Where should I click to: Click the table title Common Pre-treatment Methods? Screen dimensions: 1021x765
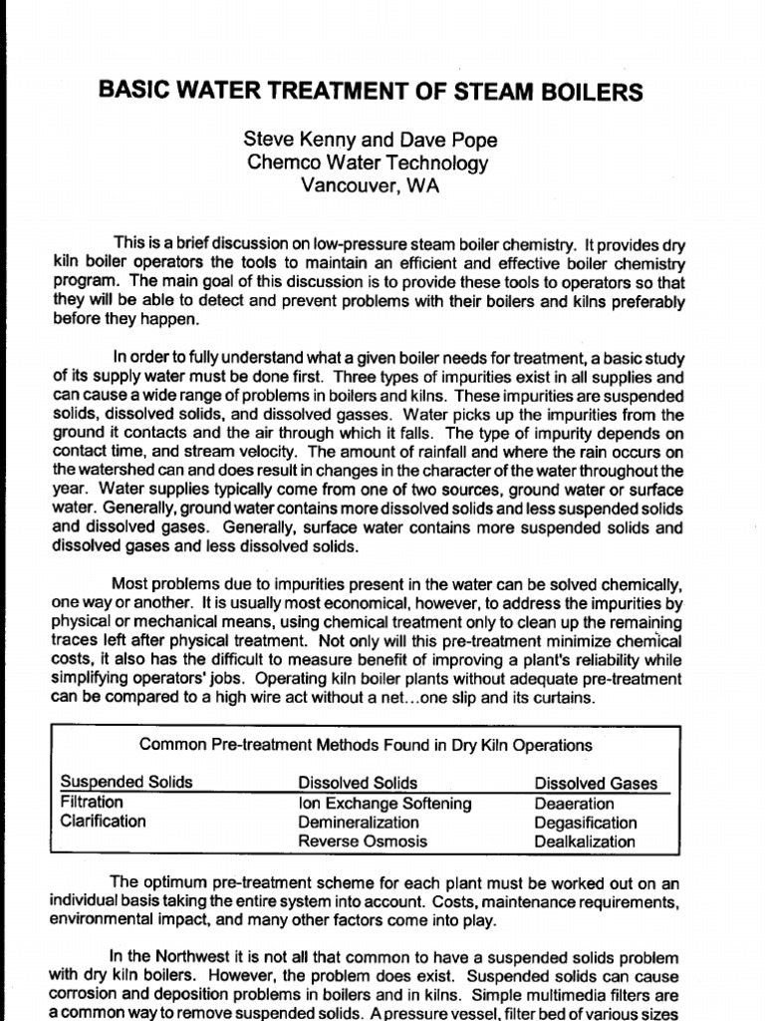[x=366, y=745]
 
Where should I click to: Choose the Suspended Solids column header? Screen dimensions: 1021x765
[x=127, y=783]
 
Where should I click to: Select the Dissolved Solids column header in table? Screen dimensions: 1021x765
[x=359, y=783]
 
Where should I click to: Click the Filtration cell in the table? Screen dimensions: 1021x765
[x=92, y=803]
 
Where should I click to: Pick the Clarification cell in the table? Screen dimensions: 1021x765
[x=103, y=822]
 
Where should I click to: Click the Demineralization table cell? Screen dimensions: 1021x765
[x=359, y=823]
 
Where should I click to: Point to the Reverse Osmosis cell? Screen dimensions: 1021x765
[x=363, y=842]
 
